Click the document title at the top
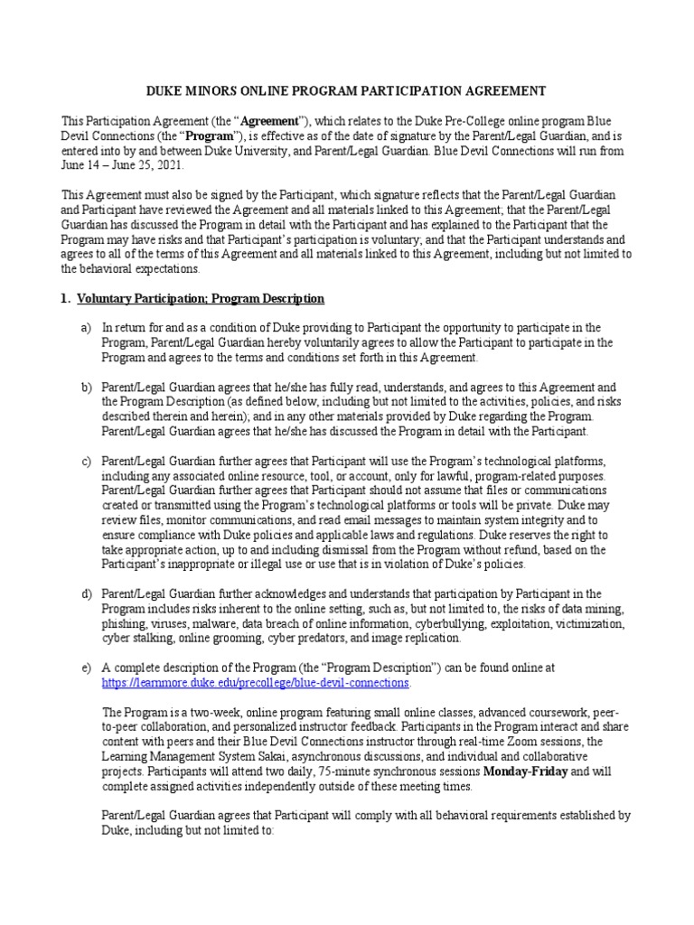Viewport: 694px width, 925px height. pyautogui.click(x=346, y=91)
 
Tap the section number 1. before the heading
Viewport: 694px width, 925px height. pyautogui.click(x=65, y=298)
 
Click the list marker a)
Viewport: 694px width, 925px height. pyautogui.click(x=87, y=328)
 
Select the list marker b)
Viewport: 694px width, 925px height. pyautogui.click(x=87, y=387)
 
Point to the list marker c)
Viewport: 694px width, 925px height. pyautogui.click(x=87, y=462)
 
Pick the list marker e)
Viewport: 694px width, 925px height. pyautogui.click(x=87, y=667)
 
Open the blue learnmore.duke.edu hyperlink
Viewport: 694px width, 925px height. pyautogui.click(x=256, y=682)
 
